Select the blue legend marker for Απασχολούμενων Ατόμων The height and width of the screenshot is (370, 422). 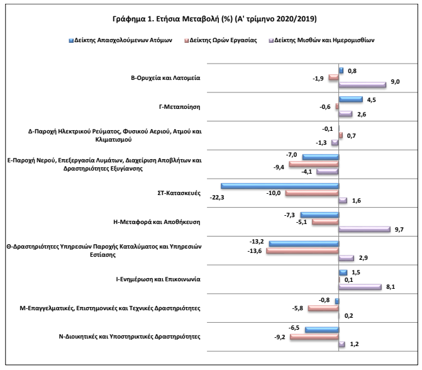(71, 41)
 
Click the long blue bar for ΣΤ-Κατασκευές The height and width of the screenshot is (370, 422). (280, 186)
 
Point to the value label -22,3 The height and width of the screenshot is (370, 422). (217, 198)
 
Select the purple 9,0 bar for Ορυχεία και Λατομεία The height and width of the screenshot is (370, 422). (362, 84)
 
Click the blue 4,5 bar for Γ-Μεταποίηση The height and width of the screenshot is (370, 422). (351, 99)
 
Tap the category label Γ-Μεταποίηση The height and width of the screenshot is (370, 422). (180, 107)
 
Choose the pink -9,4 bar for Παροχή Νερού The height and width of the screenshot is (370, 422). (314, 164)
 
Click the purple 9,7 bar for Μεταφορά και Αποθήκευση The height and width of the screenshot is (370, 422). (364, 229)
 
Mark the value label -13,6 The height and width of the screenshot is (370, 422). (255, 251)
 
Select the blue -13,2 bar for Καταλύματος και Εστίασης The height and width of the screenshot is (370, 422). (304, 244)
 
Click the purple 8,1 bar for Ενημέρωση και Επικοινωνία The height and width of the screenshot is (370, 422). (360, 287)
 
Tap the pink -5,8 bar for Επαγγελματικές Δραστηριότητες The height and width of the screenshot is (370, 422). (323, 308)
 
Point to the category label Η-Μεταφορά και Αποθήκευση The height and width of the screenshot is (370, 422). (157, 222)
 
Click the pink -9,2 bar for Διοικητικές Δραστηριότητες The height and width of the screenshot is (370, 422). (314, 337)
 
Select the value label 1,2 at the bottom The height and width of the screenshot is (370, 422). (354, 344)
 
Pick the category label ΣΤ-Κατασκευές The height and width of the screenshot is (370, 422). (179, 193)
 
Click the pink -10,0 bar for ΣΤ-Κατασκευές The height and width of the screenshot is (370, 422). (312, 193)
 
